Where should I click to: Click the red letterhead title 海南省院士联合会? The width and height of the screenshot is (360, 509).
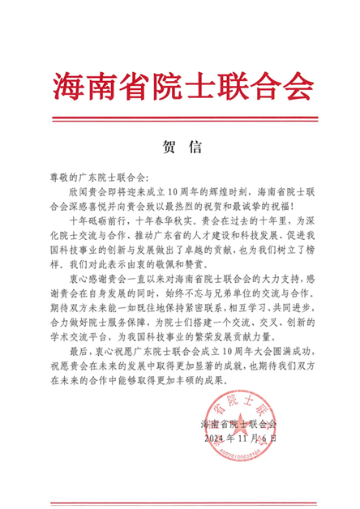pos(180,82)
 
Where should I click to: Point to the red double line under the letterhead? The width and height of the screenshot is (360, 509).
pos(180,116)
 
